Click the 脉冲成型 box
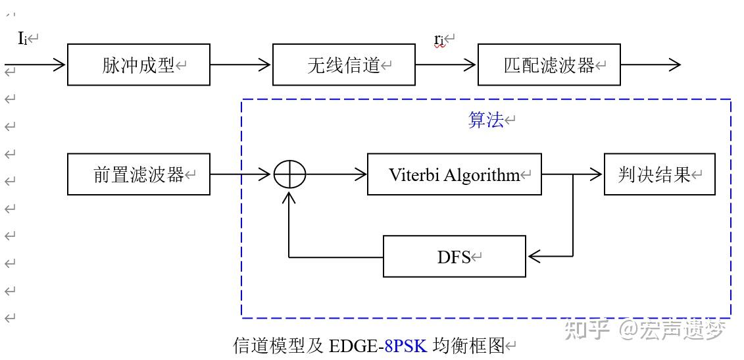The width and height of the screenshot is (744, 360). point(138,64)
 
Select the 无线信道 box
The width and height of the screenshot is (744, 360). point(343,64)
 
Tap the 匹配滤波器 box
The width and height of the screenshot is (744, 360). point(549,64)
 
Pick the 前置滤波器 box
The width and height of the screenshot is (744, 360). point(138,174)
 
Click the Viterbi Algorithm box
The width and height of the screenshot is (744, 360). point(454,174)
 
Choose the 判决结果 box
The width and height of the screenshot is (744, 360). point(659,174)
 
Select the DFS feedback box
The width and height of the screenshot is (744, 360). point(454,256)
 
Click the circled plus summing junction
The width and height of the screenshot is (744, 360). point(289,174)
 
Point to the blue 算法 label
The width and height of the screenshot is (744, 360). point(485,120)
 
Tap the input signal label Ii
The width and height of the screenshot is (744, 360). point(22,38)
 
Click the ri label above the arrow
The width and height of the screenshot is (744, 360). point(439,39)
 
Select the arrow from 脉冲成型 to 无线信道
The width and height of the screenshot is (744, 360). point(241,64)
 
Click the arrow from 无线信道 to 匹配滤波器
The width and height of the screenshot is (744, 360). point(446,64)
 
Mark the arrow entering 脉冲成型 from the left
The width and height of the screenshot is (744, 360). point(36,64)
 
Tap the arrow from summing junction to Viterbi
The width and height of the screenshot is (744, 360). point(336,174)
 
